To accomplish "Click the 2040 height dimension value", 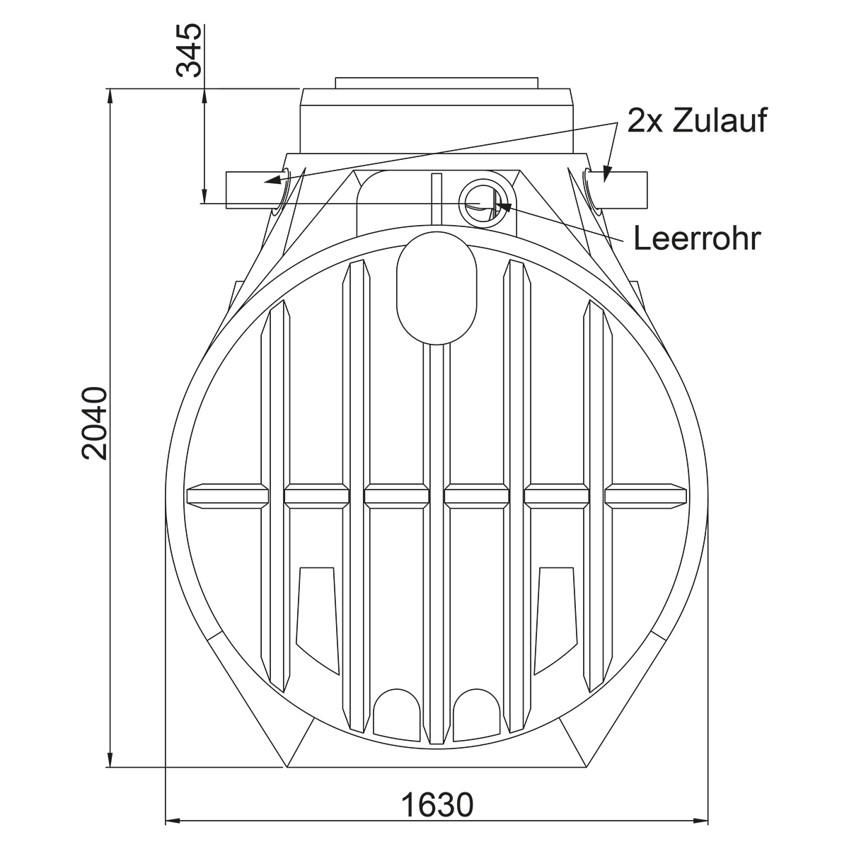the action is [95, 423].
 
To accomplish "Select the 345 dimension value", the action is [189, 51].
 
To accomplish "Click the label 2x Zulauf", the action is [697, 120].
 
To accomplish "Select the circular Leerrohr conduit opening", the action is [487, 203].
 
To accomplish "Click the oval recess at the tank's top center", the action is [437, 288].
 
